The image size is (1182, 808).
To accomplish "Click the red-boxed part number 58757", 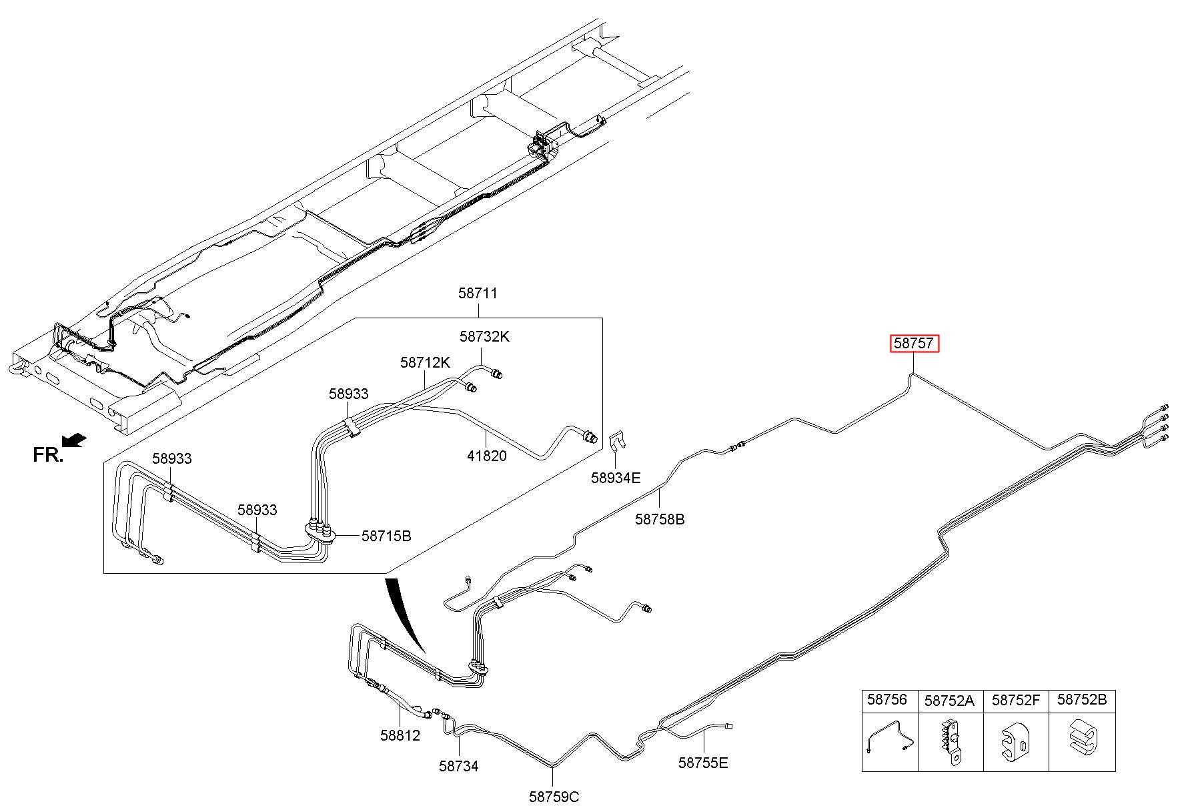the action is (913, 343).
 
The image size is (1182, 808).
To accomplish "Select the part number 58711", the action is (478, 293).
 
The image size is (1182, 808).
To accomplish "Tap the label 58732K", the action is (484, 336).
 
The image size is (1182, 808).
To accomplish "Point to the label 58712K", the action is (426, 362).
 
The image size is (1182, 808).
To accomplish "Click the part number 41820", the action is (486, 456).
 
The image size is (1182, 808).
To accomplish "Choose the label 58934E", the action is (616, 477).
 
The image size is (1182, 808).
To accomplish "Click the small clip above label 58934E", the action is (617, 440).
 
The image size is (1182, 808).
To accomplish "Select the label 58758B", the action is (660, 518).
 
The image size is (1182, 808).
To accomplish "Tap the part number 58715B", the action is (386, 535).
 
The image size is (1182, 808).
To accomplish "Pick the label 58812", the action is (400, 735).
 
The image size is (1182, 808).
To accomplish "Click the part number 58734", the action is (459, 766).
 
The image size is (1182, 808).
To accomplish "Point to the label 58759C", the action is (554, 796).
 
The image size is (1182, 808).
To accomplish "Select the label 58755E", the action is (704, 762).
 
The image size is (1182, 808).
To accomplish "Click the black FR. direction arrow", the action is (73, 440).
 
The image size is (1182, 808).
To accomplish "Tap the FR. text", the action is (48, 455).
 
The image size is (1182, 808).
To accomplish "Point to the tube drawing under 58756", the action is (891, 737).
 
